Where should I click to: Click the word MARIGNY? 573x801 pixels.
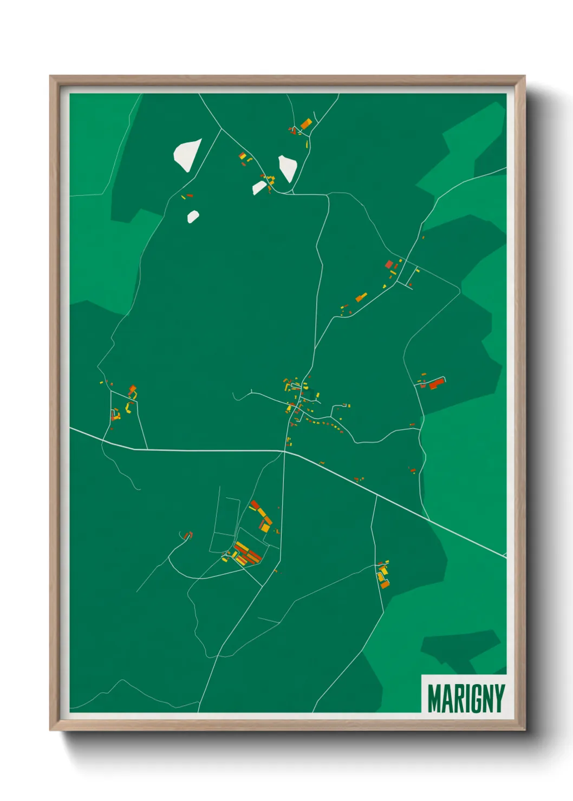(x=466, y=699)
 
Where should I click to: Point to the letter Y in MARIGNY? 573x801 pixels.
(x=499, y=699)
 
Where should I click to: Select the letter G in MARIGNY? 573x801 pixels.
(x=472, y=699)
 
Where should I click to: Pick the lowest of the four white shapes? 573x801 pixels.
(x=193, y=216)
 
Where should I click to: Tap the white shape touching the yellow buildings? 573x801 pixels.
(x=259, y=187)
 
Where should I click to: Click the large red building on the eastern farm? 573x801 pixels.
(x=436, y=384)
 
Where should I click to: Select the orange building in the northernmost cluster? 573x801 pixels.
(x=306, y=123)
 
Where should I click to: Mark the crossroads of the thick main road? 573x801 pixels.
(x=284, y=450)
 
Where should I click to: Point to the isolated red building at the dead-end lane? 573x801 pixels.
(x=187, y=536)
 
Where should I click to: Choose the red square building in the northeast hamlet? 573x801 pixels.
(x=389, y=264)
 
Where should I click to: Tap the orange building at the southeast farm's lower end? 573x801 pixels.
(x=385, y=583)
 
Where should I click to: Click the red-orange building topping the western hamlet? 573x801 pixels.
(x=132, y=389)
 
